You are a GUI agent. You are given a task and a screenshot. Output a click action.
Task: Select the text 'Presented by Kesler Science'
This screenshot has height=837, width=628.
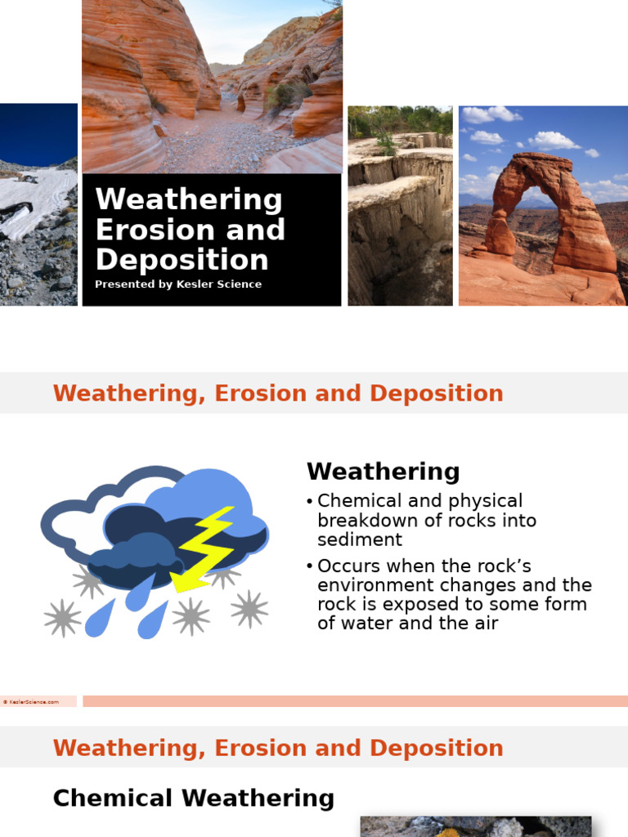[x=178, y=284]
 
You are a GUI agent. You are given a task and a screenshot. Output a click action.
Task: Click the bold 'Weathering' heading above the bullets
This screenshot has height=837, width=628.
[x=383, y=472]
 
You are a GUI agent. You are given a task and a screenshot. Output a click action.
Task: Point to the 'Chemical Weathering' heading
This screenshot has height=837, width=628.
[x=193, y=798]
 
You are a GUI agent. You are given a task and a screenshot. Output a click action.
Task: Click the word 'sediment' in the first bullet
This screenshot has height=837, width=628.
[x=360, y=539]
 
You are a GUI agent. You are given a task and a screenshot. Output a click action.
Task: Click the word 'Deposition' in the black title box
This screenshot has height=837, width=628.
[x=182, y=260]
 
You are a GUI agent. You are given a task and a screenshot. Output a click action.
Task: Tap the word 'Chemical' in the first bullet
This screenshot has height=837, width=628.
[x=355, y=500]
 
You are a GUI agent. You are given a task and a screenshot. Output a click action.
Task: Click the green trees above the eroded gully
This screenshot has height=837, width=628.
[x=401, y=120]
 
